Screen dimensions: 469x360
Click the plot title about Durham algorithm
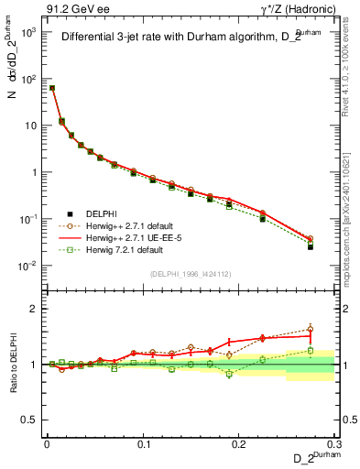188,38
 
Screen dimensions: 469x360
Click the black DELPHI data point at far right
311,247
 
